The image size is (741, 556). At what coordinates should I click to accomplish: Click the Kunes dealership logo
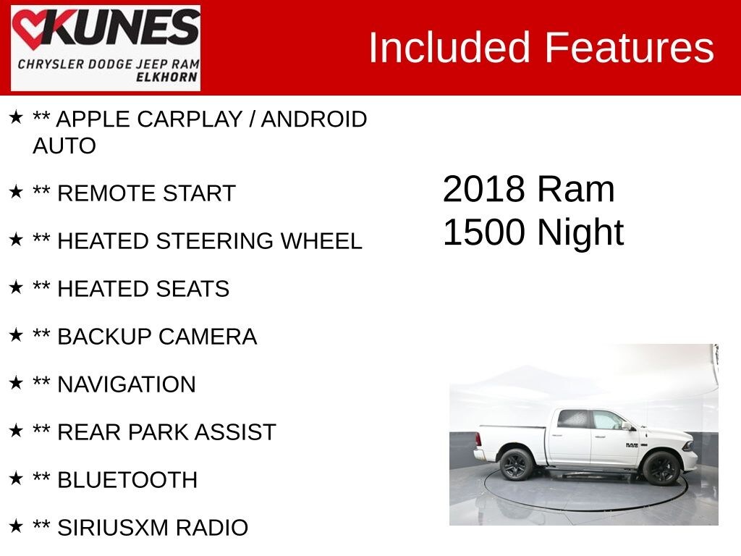(x=106, y=48)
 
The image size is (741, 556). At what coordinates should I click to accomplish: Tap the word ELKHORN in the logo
(x=167, y=77)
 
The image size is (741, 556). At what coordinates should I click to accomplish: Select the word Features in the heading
(x=629, y=48)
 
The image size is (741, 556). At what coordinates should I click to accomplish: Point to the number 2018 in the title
(x=483, y=189)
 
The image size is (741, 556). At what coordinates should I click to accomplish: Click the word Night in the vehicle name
(x=580, y=232)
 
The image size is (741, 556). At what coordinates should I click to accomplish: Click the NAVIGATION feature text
(x=126, y=384)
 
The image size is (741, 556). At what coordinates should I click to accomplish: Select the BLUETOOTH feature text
(x=127, y=480)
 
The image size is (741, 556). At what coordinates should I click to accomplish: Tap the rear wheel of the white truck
(x=516, y=464)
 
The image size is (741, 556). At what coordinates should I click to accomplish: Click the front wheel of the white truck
(x=661, y=468)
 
